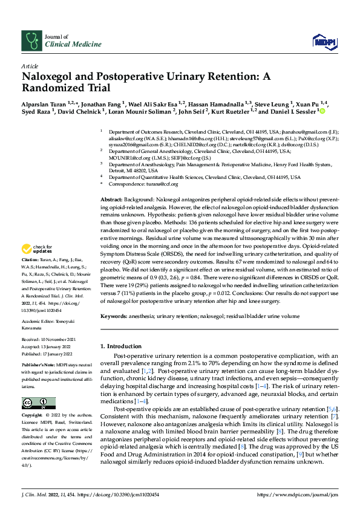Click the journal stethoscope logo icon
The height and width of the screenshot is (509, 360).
pos(31,40)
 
